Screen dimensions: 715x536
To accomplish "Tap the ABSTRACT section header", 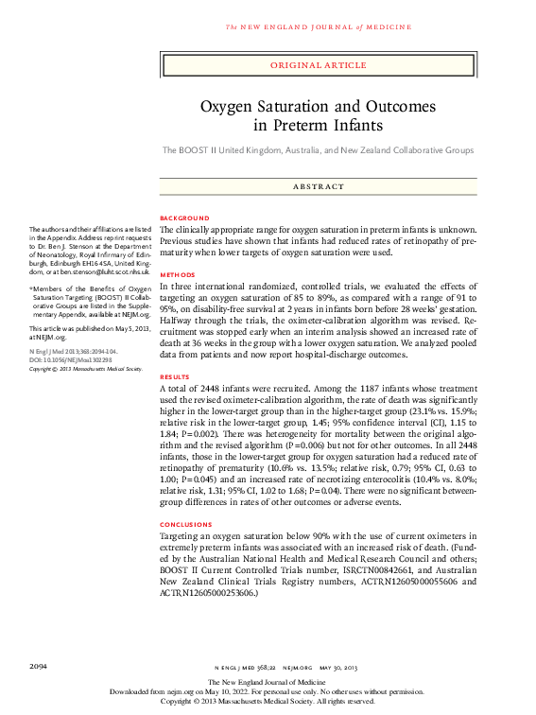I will click(318, 186).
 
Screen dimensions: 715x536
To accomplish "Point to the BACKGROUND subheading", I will click(184, 218).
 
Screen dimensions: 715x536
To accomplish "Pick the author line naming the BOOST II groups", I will click(318, 150).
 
